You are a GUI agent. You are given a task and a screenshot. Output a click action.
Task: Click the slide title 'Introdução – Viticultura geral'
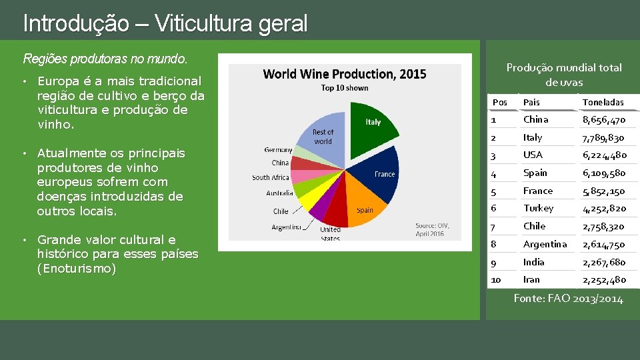coord(165,24)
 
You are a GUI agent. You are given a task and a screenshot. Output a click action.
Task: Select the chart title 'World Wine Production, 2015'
coord(345,74)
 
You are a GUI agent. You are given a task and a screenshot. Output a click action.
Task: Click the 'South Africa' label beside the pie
coord(270,177)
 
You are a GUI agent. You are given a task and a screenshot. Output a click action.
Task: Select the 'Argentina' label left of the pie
coord(287,227)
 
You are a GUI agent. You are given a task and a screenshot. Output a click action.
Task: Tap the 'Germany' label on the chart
coord(278,150)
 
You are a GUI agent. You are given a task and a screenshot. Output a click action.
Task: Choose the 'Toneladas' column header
coord(603,102)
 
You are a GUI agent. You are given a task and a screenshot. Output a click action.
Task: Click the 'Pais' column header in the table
coord(531,102)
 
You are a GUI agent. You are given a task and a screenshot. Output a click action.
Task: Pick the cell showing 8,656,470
coord(603,120)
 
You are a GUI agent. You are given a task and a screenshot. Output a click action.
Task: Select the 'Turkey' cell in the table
coord(538,209)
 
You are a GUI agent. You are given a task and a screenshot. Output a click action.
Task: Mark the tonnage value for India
coord(603,262)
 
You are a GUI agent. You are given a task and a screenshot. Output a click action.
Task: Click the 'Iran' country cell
coord(531,280)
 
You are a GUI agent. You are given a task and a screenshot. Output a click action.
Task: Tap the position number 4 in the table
coord(494,173)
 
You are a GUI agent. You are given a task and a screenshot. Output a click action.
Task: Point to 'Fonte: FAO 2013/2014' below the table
coord(568,299)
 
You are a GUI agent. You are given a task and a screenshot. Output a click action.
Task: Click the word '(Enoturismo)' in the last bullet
coord(77,269)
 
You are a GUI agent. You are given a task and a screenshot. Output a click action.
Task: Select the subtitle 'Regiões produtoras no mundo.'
coord(105,59)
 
